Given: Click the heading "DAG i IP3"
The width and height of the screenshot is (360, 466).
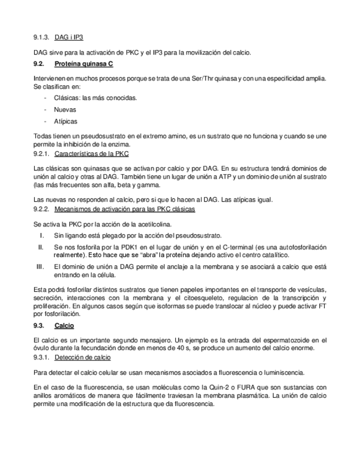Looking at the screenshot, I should pyautogui.click(x=69, y=37).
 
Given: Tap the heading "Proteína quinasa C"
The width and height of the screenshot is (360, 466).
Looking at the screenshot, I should pyautogui.click(x=84, y=64).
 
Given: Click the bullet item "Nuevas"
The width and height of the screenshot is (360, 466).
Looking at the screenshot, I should pyautogui.click(x=65, y=109).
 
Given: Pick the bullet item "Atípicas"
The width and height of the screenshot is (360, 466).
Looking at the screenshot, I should pyautogui.click(x=65, y=121).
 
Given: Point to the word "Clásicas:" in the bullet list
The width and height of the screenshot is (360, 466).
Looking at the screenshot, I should pyautogui.click(x=67, y=98).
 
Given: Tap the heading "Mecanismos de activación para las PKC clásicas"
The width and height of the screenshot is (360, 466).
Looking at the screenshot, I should pyautogui.click(x=124, y=209).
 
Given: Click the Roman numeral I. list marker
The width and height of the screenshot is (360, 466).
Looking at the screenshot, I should pyautogui.click(x=41, y=235).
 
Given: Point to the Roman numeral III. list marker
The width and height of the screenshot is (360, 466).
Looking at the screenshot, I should pyautogui.click(x=40, y=267).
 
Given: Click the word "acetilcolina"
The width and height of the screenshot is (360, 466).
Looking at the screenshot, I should pyautogui.click(x=156, y=224).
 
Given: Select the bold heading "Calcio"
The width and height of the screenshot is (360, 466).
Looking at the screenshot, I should pyautogui.click(x=64, y=326).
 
